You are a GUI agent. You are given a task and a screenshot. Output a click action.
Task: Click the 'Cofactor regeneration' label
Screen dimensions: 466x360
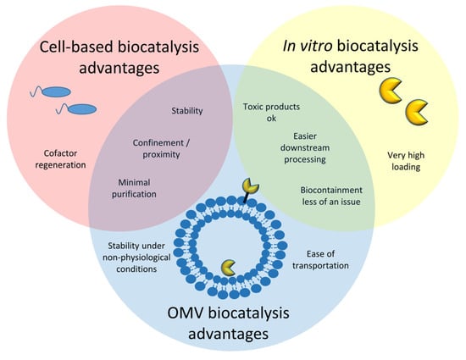[x=60, y=159]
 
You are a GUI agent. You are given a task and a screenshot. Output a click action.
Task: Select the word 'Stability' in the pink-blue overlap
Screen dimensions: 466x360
[x=187, y=111]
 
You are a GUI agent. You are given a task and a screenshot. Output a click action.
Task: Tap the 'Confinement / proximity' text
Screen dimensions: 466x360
[x=161, y=148]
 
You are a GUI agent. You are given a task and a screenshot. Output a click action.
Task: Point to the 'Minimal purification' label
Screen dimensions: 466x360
[x=134, y=188]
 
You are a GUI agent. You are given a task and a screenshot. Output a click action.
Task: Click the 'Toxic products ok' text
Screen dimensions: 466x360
[x=271, y=113]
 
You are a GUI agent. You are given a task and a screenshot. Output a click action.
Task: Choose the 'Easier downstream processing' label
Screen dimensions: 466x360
[x=305, y=147]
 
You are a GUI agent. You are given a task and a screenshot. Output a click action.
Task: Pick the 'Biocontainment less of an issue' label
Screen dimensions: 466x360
[x=331, y=196]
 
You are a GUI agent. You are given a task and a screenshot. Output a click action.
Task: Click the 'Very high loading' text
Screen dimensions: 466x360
[x=406, y=161]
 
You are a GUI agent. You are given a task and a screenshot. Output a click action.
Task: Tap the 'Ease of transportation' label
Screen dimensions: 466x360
[x=320, y=259]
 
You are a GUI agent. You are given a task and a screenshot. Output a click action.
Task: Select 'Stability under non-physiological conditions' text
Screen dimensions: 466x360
[x=136, y=258]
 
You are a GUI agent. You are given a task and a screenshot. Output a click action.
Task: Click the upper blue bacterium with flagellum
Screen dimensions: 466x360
[x=51, y=91]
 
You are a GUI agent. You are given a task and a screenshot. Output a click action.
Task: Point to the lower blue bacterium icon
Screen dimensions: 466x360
[x=76, y=109]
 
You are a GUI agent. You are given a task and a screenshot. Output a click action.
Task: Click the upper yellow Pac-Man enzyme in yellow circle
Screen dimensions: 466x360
[x=391, y=91]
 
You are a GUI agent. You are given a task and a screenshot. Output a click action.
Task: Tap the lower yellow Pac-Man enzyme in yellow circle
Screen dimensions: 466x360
[x=417, y=113]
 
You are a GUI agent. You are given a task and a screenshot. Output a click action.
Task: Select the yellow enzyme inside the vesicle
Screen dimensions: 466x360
[x=228, y=268]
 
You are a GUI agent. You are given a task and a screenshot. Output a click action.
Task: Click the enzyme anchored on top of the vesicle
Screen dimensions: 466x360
[x=251, y=186]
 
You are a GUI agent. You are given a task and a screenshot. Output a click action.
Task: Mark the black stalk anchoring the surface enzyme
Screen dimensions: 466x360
[x=246, y=198]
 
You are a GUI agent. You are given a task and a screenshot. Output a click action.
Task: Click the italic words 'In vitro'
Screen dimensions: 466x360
[x=308, y=46]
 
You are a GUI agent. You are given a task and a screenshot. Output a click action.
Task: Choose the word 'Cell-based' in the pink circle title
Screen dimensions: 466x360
[x=76, y=47]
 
